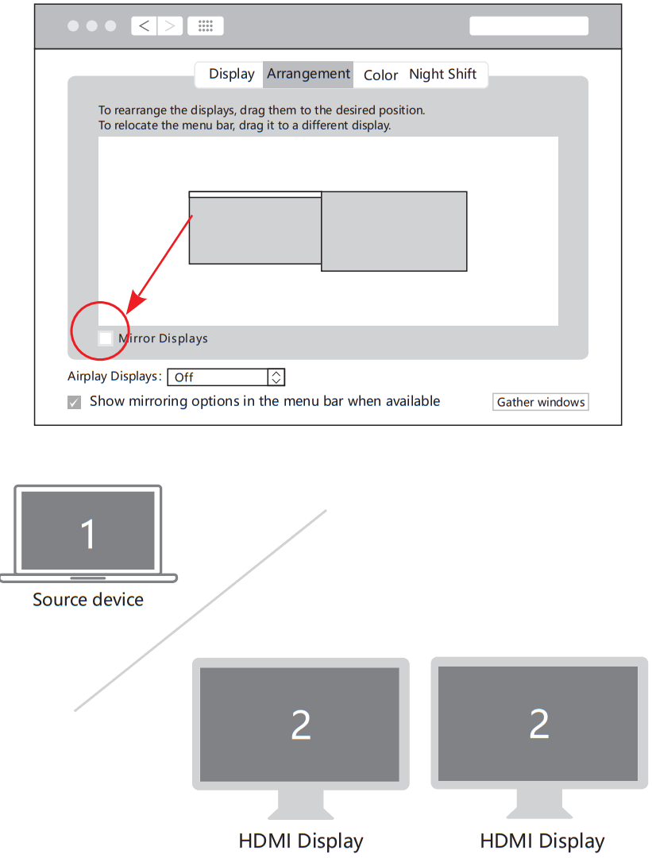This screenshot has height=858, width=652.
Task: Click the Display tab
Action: (x=231, y=75)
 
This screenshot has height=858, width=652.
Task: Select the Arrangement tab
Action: (x=308, y=75)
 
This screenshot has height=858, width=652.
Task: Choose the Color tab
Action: (x=380, y=75)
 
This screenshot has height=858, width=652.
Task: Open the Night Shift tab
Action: (x=442, y=75)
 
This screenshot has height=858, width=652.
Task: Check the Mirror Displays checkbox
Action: (x=106, y=338)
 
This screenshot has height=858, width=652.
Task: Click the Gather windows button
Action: (x=540, y=402)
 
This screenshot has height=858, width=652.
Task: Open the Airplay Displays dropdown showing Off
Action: (x=226, y=377)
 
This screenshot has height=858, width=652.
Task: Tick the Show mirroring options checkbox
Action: (x=75, y=402)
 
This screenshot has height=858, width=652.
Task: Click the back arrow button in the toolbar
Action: (x=144, y=25)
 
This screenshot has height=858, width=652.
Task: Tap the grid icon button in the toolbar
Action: (x=206, y=25)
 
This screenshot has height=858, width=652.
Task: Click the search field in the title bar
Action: (x=529, y=25)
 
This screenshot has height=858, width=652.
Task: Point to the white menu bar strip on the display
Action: (x=255, y=194)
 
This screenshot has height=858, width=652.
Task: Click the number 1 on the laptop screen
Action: (x=88, y=534)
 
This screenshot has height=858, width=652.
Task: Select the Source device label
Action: (x=88, y=600)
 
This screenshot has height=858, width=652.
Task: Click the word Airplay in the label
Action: (x=87, y=377)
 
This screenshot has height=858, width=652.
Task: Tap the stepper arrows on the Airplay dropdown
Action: (x=276, y=377)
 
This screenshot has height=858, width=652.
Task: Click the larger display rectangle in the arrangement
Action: (x=394, y=231)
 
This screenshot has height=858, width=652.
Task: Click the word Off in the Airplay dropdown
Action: (x=184, y=377)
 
